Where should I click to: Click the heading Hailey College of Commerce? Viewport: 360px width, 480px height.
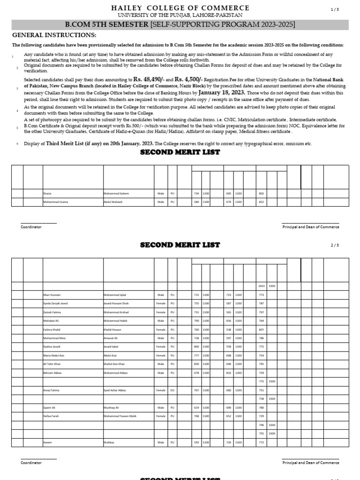pyautogui.click(x=180, y=8)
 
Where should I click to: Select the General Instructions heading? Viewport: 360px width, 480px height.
pyautogui.click(x=54, y=35)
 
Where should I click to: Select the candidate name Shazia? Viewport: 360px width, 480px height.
pyautogui.click(x=47, y=194)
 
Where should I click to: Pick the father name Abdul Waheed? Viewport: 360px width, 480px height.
pyautogui.click(x=113, y=202)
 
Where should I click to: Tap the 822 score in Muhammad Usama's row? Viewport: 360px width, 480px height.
pyautogui.click(x=262, y=202)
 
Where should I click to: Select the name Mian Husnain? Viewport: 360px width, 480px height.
pyautogui.click(x=52, y=295)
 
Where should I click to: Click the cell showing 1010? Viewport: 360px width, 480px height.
pyautogui.click(x=262, y=286)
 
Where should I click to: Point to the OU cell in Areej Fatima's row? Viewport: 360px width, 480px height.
pyautogui.click(x=172, y=390)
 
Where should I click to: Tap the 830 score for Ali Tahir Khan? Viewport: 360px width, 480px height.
pyautogui.click(x=196, y=364)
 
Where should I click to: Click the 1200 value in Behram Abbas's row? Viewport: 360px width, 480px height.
pyautogui.click(x=239, y=373)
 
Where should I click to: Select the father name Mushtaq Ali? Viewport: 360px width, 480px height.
pyautogui.click(x=111, y=407)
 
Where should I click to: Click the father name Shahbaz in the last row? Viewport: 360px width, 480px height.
pyautogui.click(x=109, y=442)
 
